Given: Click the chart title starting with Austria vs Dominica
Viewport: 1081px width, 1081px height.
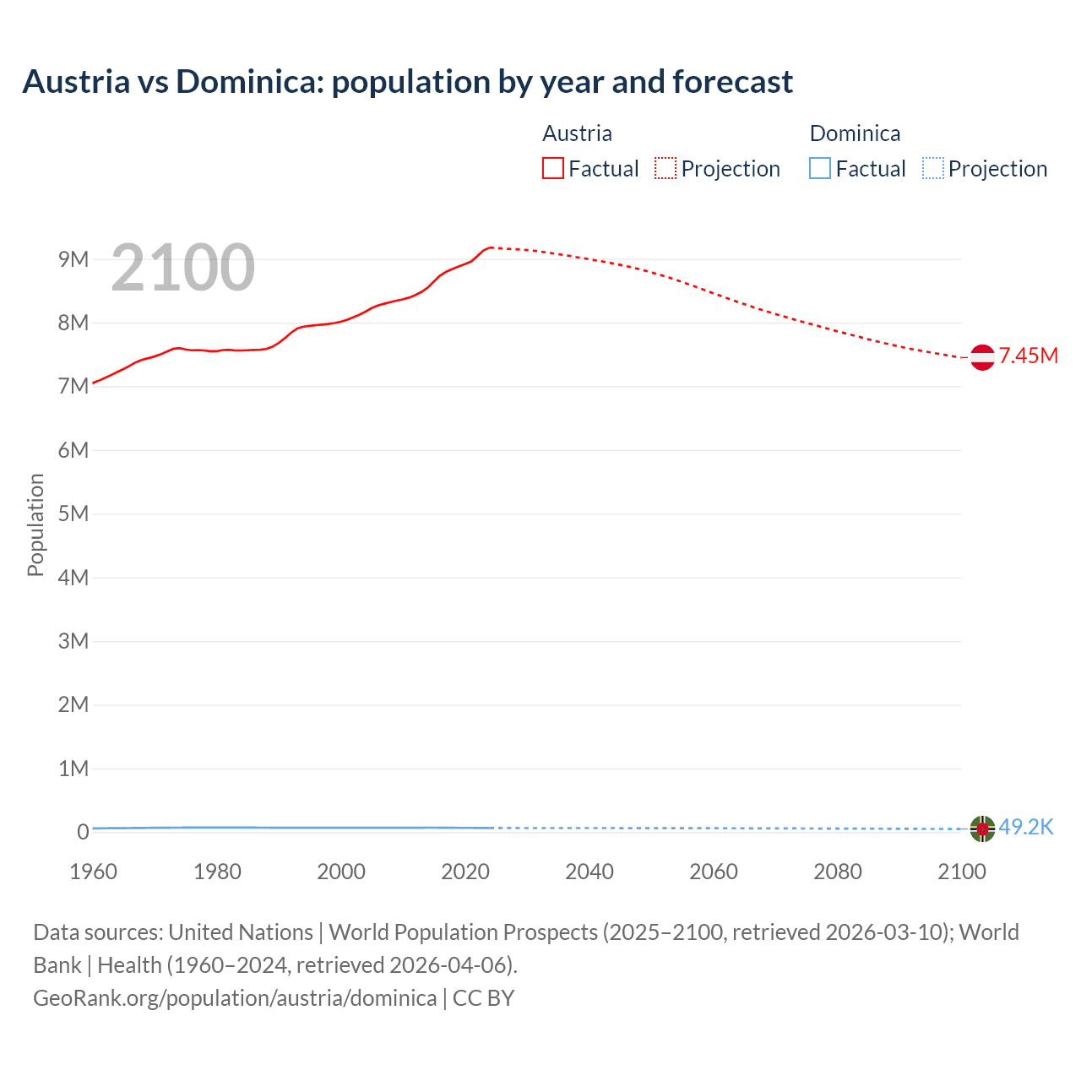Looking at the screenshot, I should point(407,82).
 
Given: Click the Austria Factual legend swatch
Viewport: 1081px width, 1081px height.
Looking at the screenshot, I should point(552,168).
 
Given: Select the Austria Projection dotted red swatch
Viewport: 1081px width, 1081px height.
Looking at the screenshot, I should point(665,168).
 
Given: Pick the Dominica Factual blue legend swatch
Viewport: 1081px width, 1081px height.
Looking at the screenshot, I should point(820,168).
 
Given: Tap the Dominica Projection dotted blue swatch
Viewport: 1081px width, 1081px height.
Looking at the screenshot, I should point(933,168).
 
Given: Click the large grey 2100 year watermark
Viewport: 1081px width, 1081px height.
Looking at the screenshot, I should point(182,268).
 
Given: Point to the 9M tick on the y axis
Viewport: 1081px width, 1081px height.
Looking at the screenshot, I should point(73,259).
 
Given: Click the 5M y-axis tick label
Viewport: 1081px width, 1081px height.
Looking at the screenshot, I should point(73,513).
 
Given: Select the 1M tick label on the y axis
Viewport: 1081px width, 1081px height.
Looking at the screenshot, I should point(73,769).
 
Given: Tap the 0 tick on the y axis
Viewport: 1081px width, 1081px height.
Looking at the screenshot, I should point(83,832).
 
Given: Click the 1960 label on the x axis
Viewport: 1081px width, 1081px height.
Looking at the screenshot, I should point(93,872).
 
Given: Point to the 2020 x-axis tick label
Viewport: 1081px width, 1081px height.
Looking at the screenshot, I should point(465,872).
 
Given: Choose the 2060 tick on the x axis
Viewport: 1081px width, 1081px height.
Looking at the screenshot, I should point(714,872).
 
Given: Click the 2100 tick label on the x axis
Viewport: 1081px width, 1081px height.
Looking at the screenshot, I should point(961,872).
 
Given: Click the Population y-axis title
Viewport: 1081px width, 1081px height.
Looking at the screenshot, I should point(35,524).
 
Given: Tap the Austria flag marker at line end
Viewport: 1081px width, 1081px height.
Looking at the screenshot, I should point(982,357).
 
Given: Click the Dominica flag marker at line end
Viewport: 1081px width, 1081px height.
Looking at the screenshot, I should point(982,828).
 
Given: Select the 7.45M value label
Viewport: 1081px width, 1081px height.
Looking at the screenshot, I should point(1029,356).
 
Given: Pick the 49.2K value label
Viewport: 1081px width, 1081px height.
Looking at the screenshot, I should point(1026,827).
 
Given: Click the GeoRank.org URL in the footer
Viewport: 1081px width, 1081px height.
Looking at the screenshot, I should point(235,997).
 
